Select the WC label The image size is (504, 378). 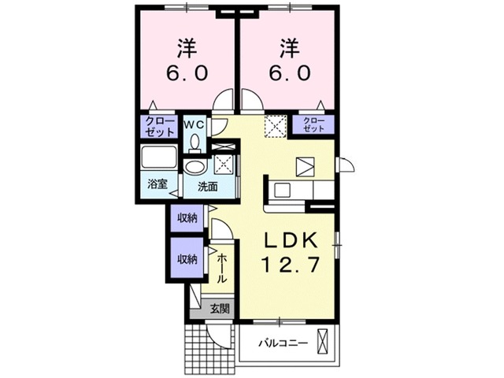click(x=195, y=124)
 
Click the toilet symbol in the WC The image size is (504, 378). click(x=195, y=142)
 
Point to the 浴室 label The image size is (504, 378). click(x=157, y=185)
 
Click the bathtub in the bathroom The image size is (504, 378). click(x=160, y=157)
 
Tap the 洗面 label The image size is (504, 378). click(x=208, y=187)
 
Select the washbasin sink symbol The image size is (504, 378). click(x=195, y=167)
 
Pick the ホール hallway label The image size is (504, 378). click(x=222, y=269)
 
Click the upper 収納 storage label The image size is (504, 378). click(x=187, y=217)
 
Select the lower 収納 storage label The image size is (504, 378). click(x=187, y=258)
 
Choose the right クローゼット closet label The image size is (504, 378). click(x=314, y=124)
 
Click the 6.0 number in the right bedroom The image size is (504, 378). click(x=287, y=73)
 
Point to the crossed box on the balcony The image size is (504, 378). click(x=322, y=343)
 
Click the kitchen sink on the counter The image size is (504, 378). click(x=282, y=190)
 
